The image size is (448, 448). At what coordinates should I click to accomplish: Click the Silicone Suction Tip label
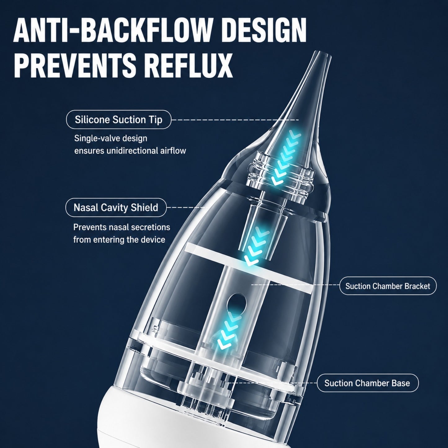pyautogui.click(x=118, y=120)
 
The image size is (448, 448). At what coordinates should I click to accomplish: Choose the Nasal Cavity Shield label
pyautogui.click(x=116, y=207)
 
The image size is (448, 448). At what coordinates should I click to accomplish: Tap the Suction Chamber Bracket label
pyautogui.click(x=388, y=286)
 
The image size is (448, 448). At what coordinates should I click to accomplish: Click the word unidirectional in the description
pyautogui.click(x=132, y=151)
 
